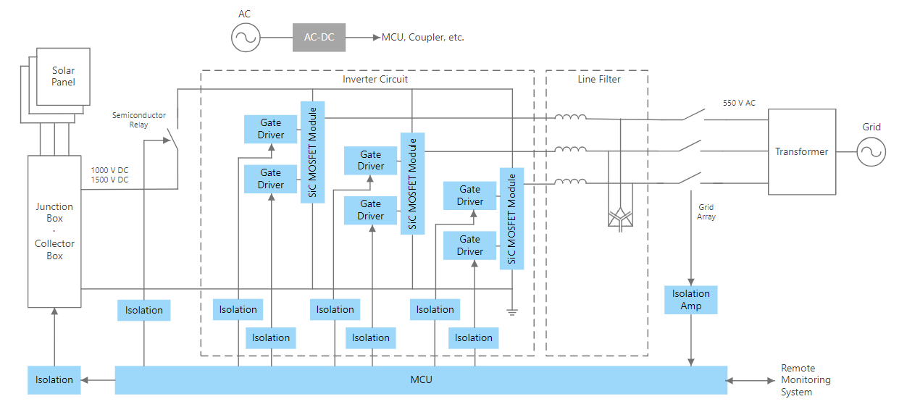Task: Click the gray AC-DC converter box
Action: coord(319,37)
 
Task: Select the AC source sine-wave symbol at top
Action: coord(246,37)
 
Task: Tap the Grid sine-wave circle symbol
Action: coord(872,152)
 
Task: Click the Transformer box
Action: coord(801,152)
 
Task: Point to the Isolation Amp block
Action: coord(690,300)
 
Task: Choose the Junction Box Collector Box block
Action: coord(54,231)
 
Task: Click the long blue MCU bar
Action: coord(420,379)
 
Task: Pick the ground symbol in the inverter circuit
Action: coord(512,311)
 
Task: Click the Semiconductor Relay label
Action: coord(139,119)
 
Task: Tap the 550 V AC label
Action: coord(739,103)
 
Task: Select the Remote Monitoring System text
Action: coord(806,380)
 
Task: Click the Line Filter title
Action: coord(599,79)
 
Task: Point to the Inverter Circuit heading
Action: coord(375,79)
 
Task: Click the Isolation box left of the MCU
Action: coord(54,379)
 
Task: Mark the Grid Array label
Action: coord(706,212)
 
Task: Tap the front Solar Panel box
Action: coord(64,77)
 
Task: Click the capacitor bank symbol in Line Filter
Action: coord(619,216)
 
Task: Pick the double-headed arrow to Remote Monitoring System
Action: coord(752,380)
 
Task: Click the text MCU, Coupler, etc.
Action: coord(422,37)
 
